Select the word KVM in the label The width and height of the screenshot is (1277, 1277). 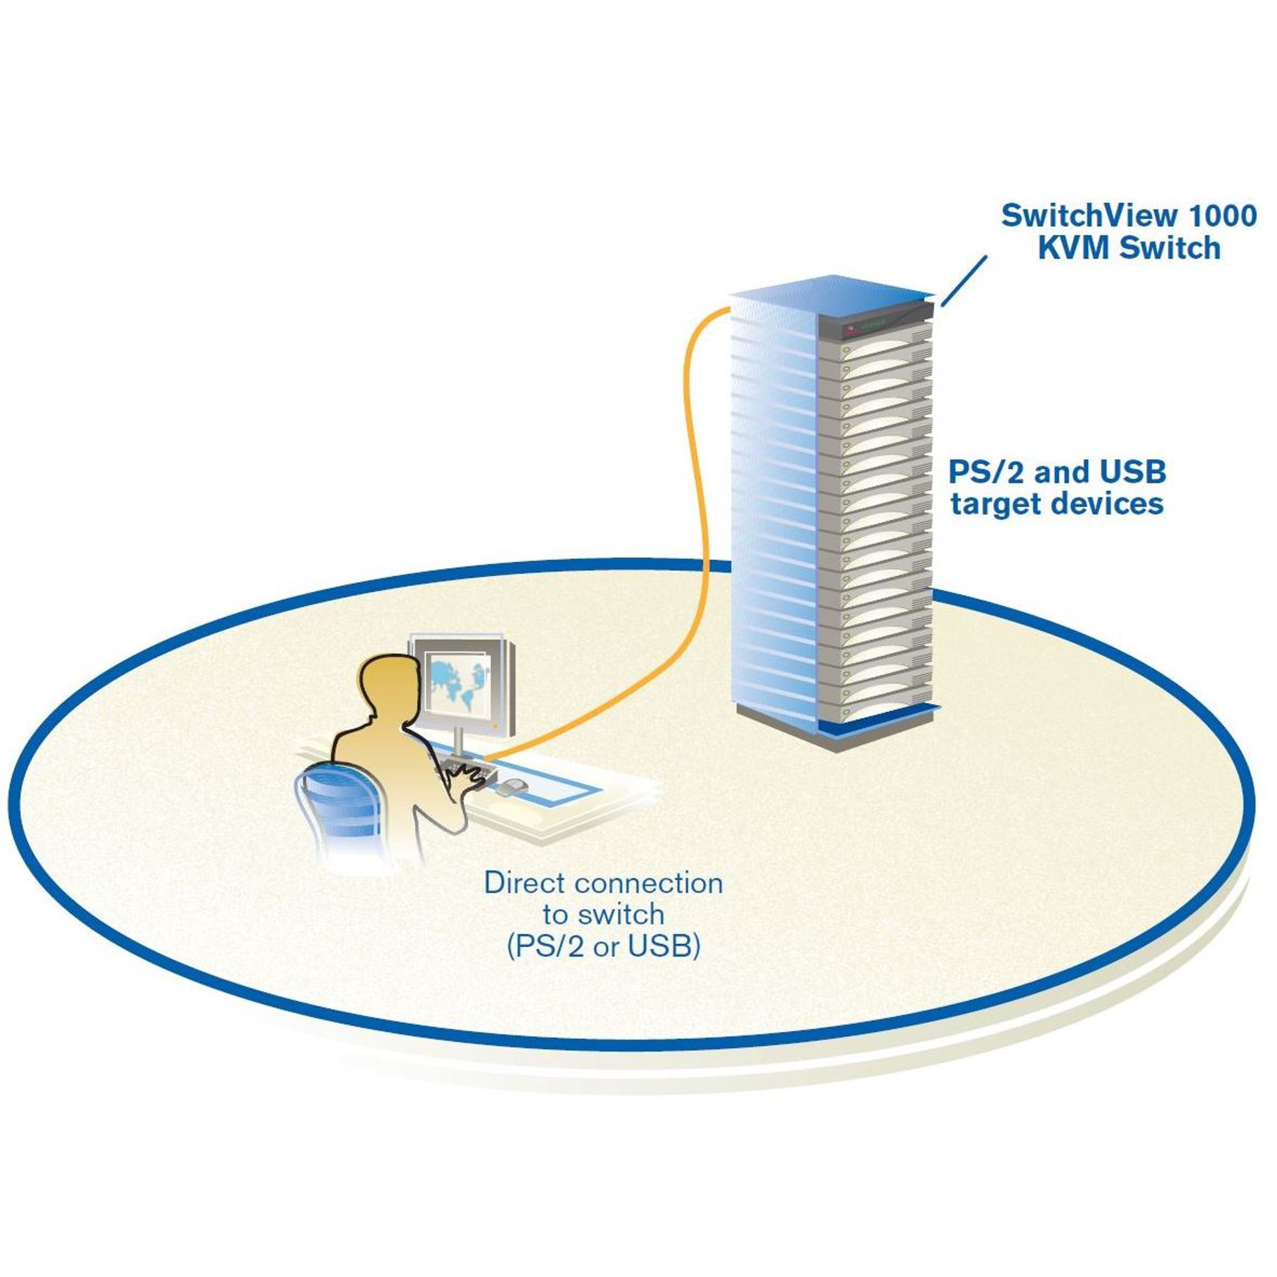click(x=1074, y=248)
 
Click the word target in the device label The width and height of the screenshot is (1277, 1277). click(x=994, y=503)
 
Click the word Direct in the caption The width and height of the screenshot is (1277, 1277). click(x=525, y=883)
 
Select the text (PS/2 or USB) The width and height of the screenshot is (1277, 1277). click(x=603, y=947)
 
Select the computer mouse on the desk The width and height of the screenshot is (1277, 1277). click(x=511, y=786)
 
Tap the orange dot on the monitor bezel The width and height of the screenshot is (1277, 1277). click(x=495, y=724)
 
